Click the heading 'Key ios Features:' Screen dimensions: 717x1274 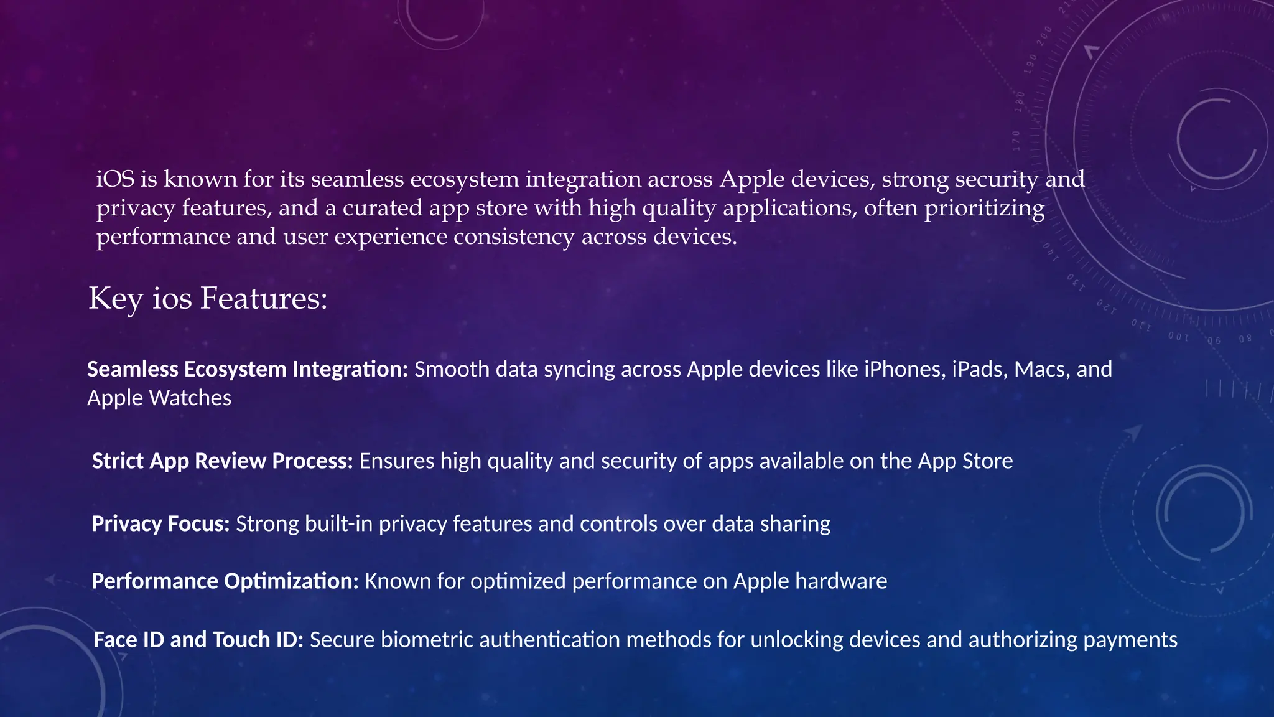[x=208, y=299]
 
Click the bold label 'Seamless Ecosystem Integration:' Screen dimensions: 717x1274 [x=247, y=370]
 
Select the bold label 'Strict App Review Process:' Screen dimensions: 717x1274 [x=222, y=461]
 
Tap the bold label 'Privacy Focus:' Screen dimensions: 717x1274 [x=160, y=524]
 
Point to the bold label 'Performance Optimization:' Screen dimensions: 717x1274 [x=225, y=581]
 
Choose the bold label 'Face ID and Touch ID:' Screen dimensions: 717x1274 [x=198, y=640]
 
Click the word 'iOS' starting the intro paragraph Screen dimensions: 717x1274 [x=115, y=179]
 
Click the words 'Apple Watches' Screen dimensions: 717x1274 [x=159, y=398]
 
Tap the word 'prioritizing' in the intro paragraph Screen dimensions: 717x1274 [x=984, y=208]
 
